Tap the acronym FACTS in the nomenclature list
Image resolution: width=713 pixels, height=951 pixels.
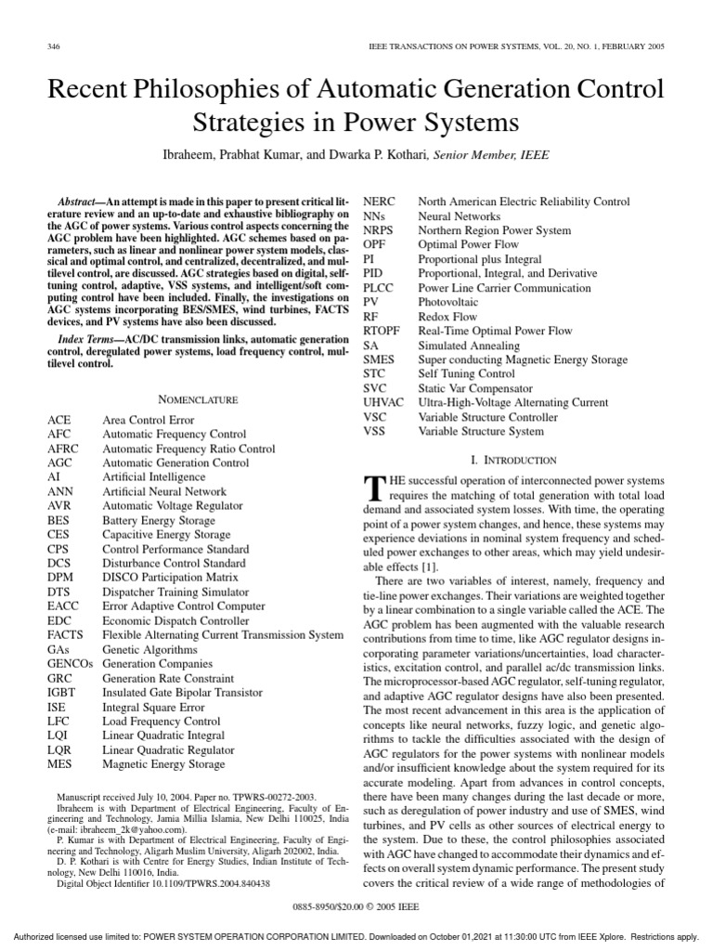tap(68, 635)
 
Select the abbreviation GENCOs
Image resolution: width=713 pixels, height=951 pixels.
tap(71, 665)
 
